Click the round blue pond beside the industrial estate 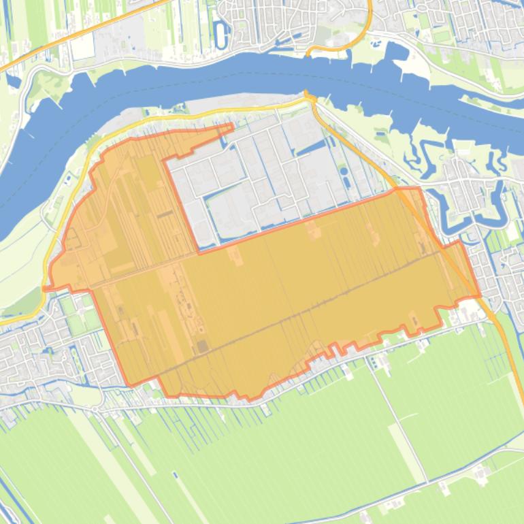point(344,171)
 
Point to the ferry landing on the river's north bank point(307,54)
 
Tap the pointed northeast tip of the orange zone point(231,126)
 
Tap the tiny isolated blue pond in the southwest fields point(174,474)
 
